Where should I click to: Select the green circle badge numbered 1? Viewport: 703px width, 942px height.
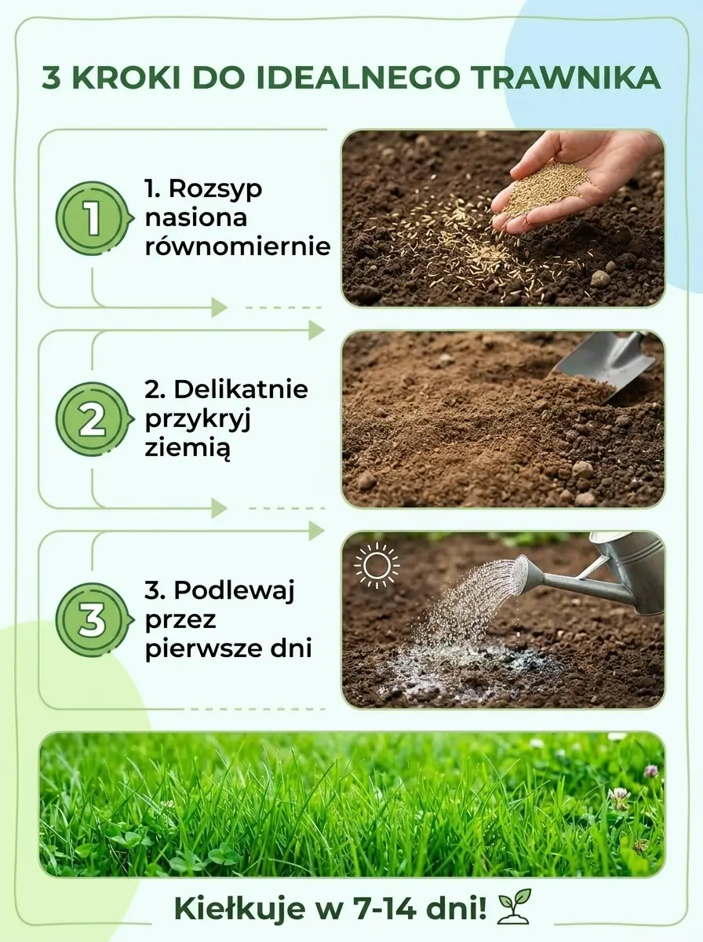coord(93,218)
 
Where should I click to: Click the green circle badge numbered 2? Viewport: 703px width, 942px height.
coord(93,419)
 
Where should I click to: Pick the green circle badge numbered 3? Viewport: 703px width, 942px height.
coord(93,619)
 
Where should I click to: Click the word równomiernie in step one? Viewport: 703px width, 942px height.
coord(238,246)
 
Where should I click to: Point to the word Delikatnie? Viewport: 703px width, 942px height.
coord(241,389)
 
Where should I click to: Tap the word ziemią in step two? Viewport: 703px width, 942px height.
coord(188,448)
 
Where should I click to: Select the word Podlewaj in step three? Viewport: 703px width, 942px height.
coord(234,591)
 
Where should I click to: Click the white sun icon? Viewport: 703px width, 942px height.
coord(377,564)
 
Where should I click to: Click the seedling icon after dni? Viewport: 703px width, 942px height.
coord(514,906)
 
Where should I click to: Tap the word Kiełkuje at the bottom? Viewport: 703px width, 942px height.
coord(240,908)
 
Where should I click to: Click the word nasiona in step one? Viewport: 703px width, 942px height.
coord(196,217)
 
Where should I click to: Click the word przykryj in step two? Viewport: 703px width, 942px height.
coord(197,420)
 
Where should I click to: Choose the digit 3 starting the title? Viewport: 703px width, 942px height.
coord(52,78)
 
